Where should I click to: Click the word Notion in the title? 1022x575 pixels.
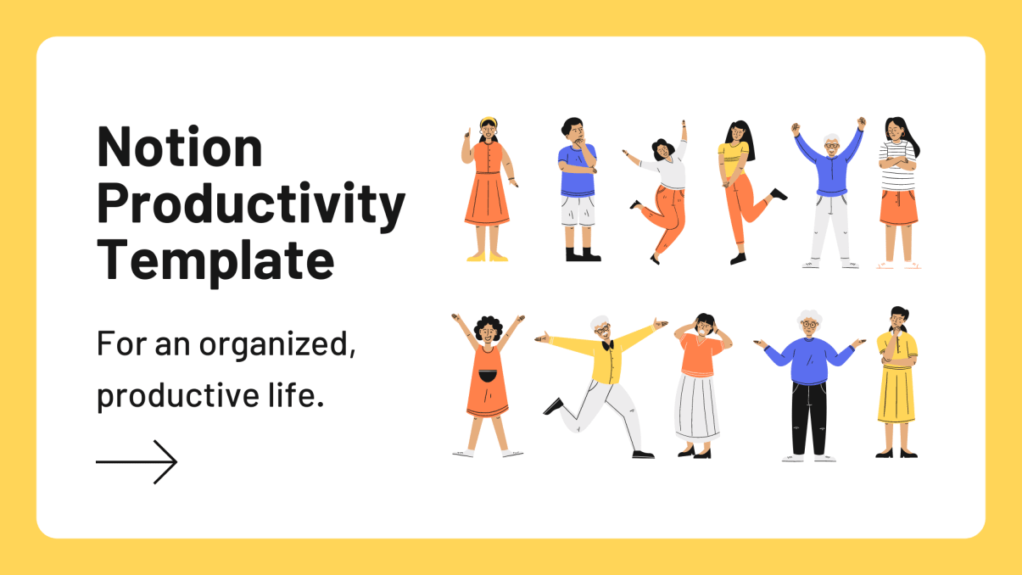click(180, 147)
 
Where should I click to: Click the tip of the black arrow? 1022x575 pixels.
click(176, 462)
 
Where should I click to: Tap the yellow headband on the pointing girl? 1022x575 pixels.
click(487, 121)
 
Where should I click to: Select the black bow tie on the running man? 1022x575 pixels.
click(606, 345)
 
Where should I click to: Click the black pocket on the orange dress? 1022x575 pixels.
click(487, 377)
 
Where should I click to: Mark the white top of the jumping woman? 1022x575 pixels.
click(670, 174)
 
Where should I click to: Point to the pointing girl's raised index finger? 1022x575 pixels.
click(466, 131)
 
